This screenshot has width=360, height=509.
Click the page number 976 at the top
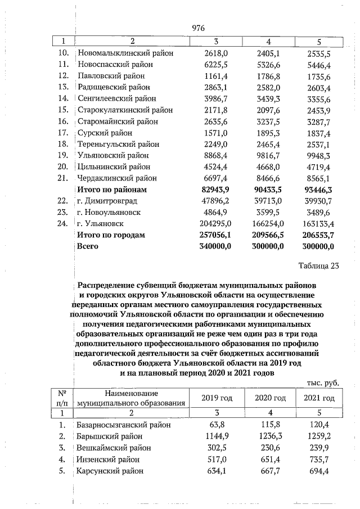(199, 28)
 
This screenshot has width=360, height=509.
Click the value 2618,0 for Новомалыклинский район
(216, 53)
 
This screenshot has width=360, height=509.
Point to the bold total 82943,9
(215, 190)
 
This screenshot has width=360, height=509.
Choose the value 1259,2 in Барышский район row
(319, 436)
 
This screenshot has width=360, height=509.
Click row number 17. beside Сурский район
(64, 133)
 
